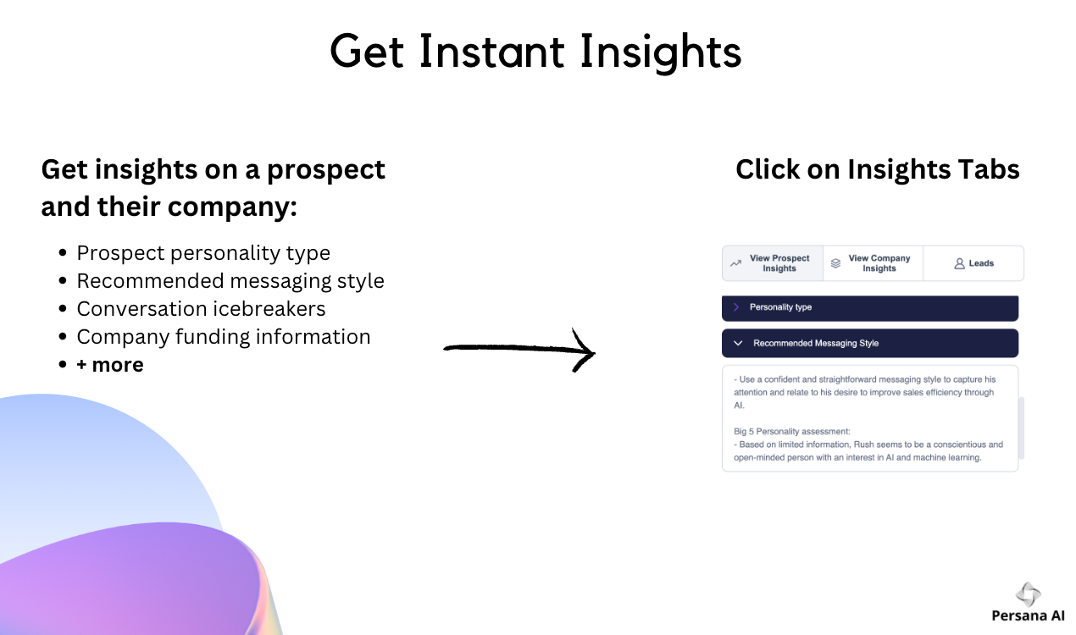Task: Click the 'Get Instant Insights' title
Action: click(535, 52)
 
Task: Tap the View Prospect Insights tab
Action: click(773, 263)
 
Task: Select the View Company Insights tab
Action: click(874, 263)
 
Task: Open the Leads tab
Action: click(973, 263)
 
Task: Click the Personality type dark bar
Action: click(870, 307)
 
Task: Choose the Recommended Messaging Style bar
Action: click(870, 343)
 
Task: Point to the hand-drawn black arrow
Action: click(519, 349)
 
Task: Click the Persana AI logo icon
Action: click(1028, 594)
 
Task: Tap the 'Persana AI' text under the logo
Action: click(1028, 616)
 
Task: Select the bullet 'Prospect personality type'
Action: click(203, 253)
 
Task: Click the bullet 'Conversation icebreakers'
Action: click(201, 309)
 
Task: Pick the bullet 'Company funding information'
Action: click(224, 337)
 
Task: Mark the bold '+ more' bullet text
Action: click(110, 365)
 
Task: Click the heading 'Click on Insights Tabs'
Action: click(878, 169)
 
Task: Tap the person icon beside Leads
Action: click(959, 263)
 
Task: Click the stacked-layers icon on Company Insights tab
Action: click(836, 263)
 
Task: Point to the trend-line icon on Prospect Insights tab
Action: click(736, 263)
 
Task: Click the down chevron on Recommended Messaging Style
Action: click(738, 343)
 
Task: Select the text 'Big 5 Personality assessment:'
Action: click(791, 432)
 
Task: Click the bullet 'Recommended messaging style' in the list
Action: click(230, 281)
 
